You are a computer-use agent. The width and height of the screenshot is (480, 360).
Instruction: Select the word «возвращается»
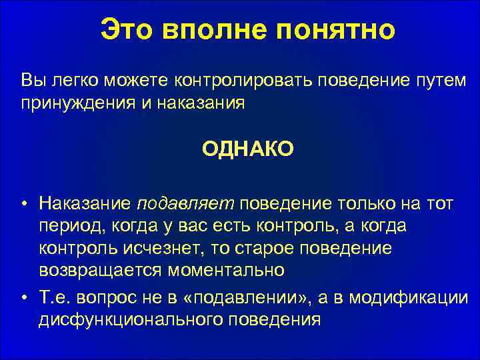(x=95, y=271)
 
